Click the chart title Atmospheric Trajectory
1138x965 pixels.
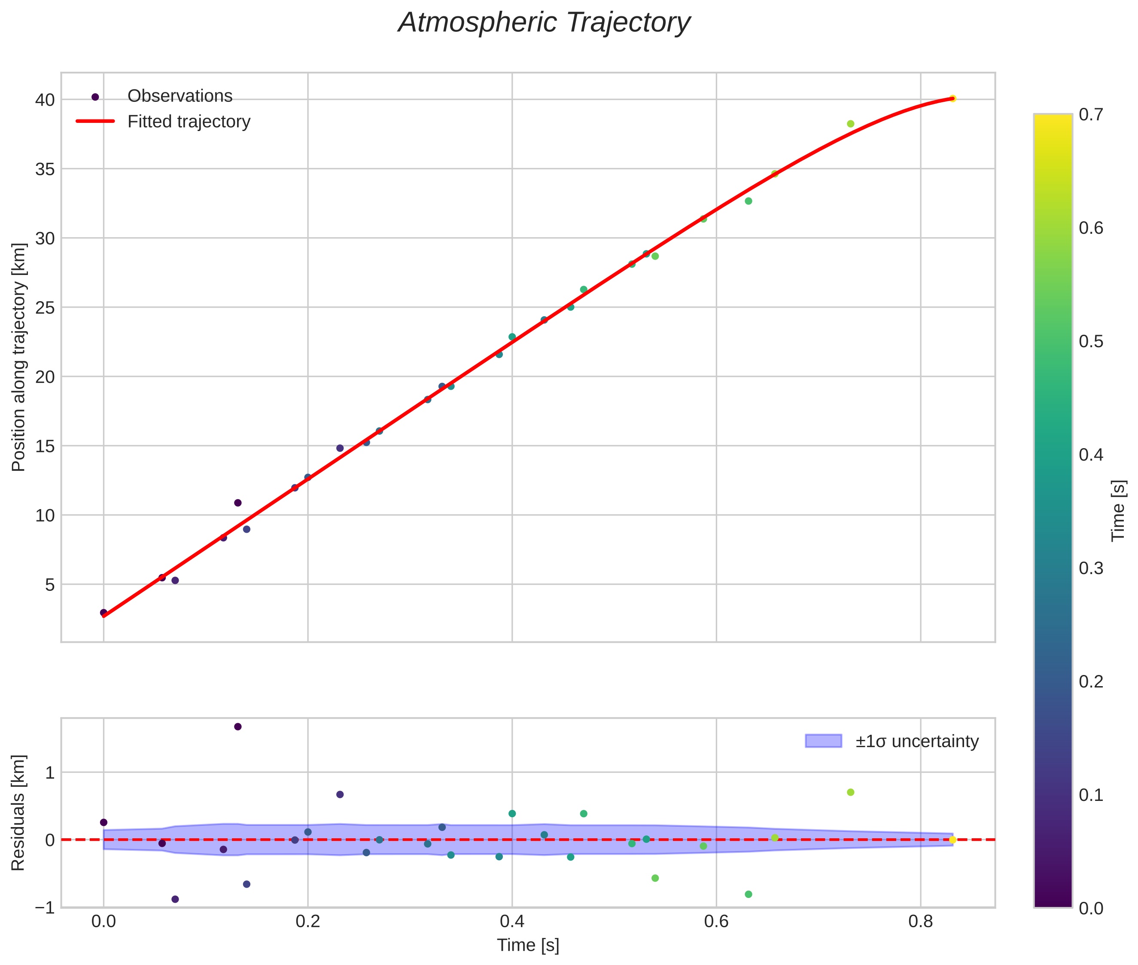544,23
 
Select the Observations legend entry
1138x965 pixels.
180,96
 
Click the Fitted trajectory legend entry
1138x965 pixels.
189,122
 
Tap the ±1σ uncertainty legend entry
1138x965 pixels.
916,741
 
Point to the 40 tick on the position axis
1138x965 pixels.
45,100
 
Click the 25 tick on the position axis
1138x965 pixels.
45,308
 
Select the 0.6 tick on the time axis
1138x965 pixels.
716,921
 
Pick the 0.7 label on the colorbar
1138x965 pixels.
1090,114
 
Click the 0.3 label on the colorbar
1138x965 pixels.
1090,568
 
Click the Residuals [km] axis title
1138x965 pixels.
18,812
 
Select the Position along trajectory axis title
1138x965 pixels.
18,357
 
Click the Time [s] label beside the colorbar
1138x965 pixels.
1118,510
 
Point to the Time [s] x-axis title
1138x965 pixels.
528,945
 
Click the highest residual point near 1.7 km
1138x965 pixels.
238,727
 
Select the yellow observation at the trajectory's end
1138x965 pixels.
952,98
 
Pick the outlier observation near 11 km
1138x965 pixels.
238,503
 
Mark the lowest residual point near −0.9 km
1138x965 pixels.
175,899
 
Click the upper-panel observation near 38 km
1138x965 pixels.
850,124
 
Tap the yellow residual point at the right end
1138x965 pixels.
952,840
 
